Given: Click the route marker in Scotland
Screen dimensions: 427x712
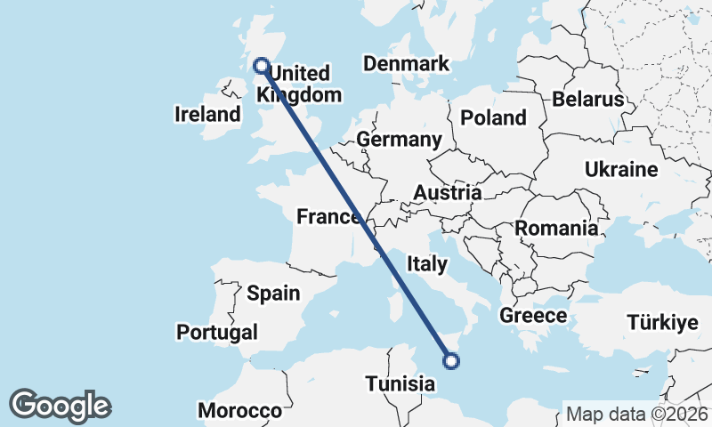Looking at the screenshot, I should [261, 65].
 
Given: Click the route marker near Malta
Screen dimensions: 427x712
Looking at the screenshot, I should [451, 360].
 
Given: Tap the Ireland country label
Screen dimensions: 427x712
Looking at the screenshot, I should [207, 114].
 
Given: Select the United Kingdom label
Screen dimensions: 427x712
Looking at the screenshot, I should [299, 85].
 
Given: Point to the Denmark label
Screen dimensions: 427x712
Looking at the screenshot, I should [406, 64].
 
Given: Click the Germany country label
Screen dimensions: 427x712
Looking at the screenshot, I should [399, 140].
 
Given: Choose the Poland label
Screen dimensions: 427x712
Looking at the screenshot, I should [493, 117].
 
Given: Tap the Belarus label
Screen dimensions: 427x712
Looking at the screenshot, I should [588, 99].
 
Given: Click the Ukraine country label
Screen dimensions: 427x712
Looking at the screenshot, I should [621, 169].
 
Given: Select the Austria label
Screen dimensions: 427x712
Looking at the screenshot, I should [448, 192].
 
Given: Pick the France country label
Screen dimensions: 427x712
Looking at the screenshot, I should [328, 216].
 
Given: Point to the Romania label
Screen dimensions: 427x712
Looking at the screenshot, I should [556, 228].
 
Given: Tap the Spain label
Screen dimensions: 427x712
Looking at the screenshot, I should [273, 293].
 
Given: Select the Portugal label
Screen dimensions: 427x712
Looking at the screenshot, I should [217, 332].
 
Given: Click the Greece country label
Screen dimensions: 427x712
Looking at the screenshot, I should [533, 315].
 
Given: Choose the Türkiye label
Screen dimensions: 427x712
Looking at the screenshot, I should [662, 322].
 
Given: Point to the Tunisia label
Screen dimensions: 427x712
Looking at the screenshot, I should [400, 383].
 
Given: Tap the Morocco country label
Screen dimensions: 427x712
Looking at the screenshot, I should [239, 410].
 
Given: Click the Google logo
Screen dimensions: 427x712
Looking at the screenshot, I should [60, 405].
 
